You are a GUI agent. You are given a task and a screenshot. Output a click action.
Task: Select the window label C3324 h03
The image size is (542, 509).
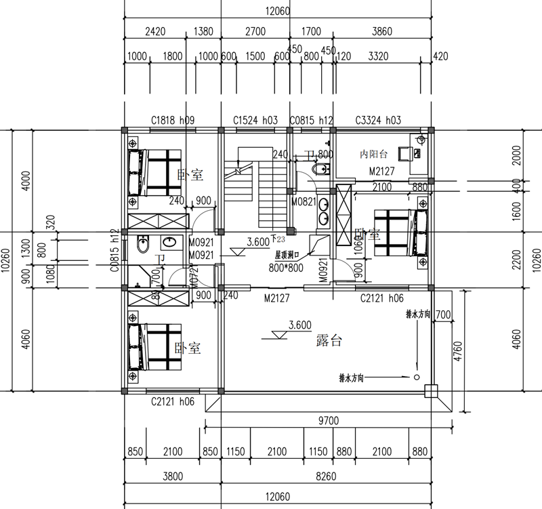click(x=378, y=120)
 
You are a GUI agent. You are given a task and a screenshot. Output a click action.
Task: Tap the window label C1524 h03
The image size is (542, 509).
click(x=255, y=120)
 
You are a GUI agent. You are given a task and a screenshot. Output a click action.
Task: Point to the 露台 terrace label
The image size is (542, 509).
click(x=329, y=342)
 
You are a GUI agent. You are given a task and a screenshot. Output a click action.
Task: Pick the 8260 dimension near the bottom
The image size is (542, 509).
click(x=327, y=476)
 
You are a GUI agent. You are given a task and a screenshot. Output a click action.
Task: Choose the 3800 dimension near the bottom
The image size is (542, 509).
click(x=172, y=476)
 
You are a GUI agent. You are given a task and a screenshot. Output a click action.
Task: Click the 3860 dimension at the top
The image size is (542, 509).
click(x=383, y=31)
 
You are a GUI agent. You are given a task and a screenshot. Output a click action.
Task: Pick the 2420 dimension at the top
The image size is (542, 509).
click(x=157, y=31)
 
